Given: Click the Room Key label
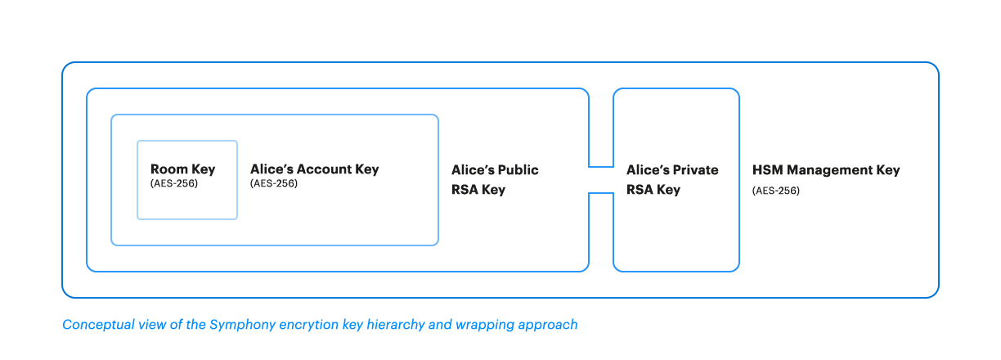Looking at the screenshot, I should [183, 169].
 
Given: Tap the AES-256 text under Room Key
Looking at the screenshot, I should [174, 183].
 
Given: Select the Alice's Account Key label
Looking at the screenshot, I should [315, 169].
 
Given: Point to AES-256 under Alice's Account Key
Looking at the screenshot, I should [273, 183].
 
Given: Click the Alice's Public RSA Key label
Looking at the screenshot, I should [495, 180].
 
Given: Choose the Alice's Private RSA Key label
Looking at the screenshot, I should [672, 180].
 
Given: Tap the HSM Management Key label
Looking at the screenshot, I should [826, 170].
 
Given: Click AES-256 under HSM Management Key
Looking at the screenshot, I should [775, 191].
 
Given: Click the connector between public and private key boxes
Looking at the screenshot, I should [601, 180].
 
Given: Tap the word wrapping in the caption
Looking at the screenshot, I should [485, 325].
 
